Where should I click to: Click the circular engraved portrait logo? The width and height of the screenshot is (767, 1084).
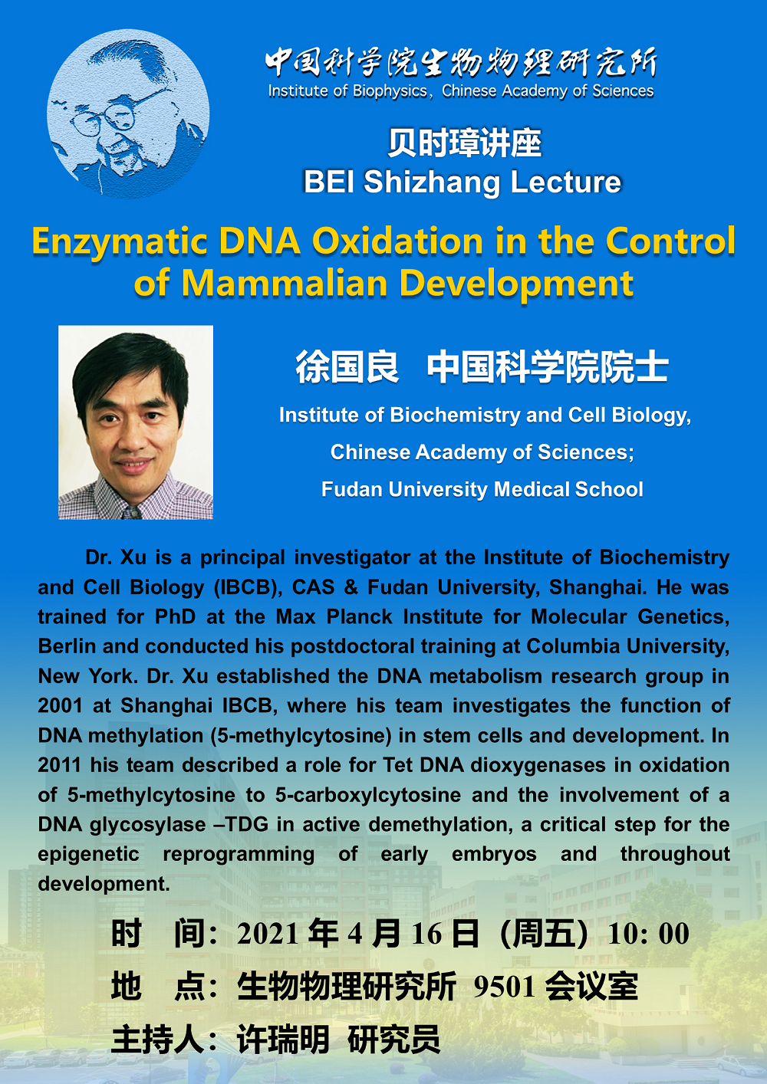click(128, 113)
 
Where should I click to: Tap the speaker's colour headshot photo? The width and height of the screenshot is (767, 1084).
click(136, 422)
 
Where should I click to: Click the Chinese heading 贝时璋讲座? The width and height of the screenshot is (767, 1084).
click(464, 143)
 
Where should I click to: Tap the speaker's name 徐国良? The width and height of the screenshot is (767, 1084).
click(347, 366)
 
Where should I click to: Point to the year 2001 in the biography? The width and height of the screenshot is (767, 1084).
click(60, 705)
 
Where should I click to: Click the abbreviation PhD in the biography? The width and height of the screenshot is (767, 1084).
click(176, 616)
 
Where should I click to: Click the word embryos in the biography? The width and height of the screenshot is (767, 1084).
click(494, 855)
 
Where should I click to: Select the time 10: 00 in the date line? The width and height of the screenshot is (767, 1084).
click(649, 934)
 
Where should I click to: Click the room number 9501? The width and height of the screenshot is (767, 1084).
click(504, 986)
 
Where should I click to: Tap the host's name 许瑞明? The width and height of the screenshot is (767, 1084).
click(283, 1039)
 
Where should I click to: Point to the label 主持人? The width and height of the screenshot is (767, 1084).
click(157, 1039)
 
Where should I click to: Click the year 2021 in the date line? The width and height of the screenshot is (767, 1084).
click(268, 934)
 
